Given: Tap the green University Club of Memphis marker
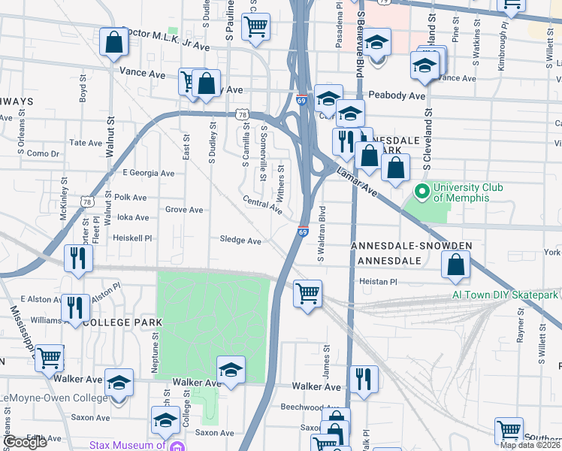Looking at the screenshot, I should coord(422,192).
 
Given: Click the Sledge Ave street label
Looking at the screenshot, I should coord(240,241).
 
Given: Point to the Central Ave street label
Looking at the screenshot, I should coord(261,204).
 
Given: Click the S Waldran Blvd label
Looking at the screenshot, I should coord(321,234).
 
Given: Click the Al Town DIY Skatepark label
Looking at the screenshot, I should coord(506,295).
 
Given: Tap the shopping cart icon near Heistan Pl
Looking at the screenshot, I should coord(307,292).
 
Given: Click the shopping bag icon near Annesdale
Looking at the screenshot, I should coord(455,263).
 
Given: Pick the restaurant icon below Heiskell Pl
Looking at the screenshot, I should coord(78,257).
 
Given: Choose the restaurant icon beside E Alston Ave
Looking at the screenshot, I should coord(75,306).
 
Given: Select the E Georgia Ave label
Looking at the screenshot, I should coord(147,173).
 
